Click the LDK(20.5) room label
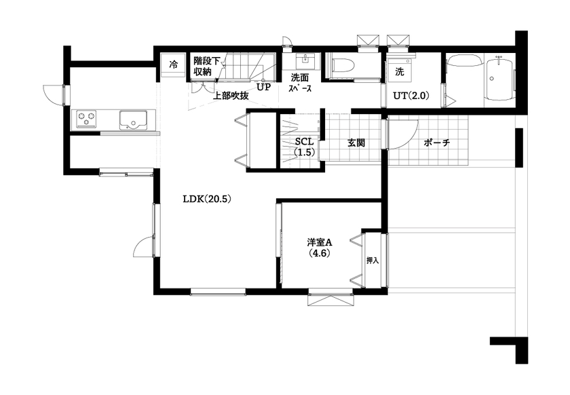coord(208,200)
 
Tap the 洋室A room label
coord(319,248)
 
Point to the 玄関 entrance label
coord(357,143)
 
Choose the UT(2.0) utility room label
coord(411,96)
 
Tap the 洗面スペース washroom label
coord(299,83)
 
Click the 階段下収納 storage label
coord(206,66)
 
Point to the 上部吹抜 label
coord(231,96)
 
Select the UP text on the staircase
coord(264,88)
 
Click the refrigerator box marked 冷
coord(174,65)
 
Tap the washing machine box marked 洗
coord(400,71)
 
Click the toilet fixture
coord(341,67)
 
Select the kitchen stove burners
coord(85,119)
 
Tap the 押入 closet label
coord(372,260)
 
